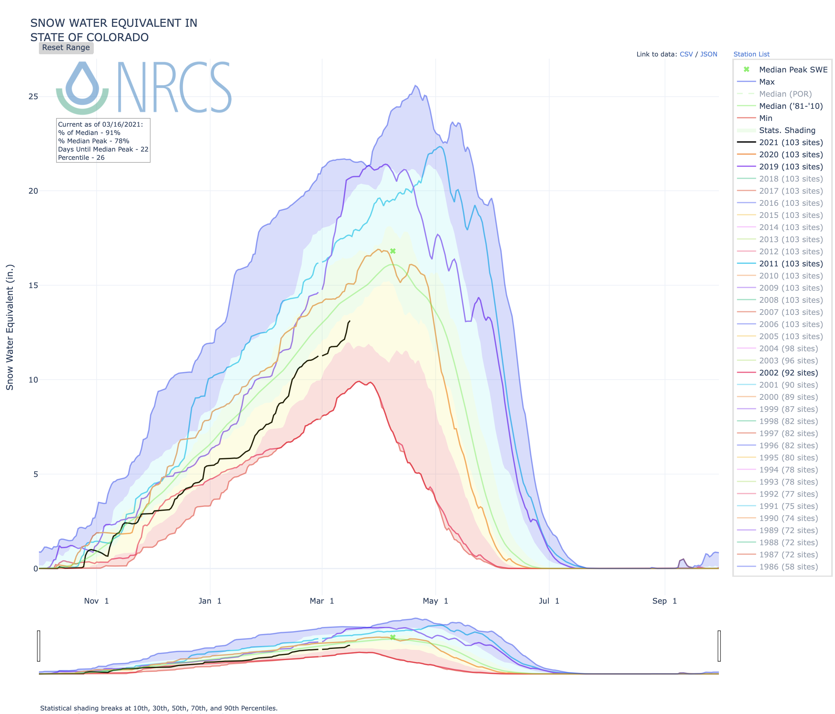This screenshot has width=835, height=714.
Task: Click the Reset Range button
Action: (66, 48)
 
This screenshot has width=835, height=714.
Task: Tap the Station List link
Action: (751, 54)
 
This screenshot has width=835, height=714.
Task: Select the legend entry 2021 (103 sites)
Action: (791, 142)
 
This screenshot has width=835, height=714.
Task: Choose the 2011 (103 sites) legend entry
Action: (791, 264)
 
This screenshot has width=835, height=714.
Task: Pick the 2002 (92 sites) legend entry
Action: (788, 373)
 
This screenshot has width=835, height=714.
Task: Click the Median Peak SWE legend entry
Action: (793, 70)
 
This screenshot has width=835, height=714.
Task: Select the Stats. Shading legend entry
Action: (787, 130)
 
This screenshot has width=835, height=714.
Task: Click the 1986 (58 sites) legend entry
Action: (788, 567)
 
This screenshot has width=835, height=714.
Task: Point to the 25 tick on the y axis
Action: (33, 96)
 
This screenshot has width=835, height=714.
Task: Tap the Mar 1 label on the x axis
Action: (321, 601)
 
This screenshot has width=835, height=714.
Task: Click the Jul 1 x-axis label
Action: (549, 601)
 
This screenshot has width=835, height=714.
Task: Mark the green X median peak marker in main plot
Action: (393, 251)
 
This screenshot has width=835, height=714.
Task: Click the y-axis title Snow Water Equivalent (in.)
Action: (10, 327)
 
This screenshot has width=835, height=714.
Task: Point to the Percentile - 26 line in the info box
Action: (81, 158)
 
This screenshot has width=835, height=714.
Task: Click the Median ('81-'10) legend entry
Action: (791, 106)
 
